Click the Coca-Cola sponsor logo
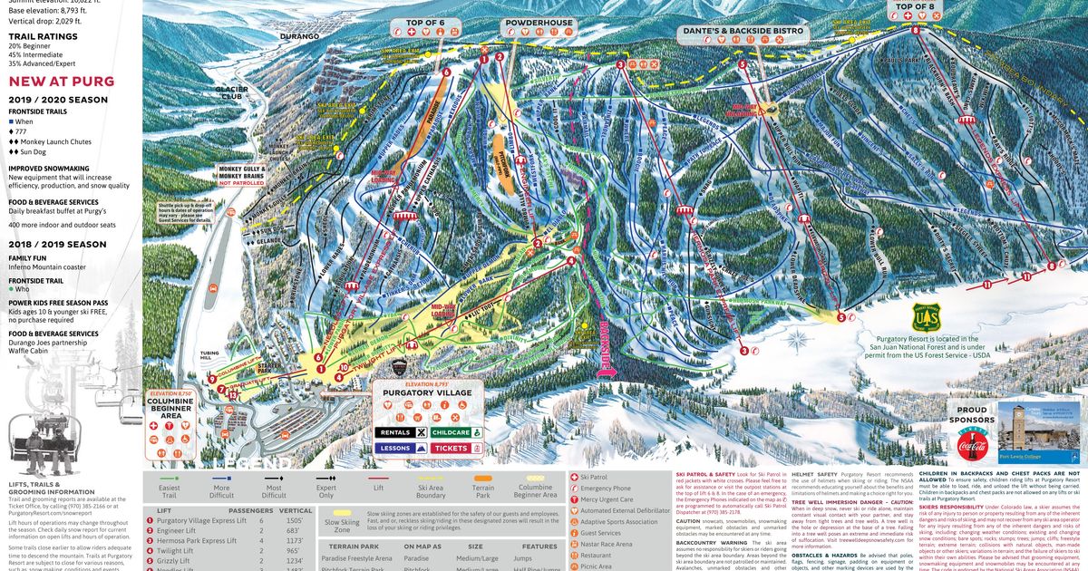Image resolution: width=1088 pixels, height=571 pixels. click(x=971, y=444)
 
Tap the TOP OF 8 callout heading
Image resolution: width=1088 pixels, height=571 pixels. click(x=915, y=7)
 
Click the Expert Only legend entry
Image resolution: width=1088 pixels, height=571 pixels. click(x=326, y=489)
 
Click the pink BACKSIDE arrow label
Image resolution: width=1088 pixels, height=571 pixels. click(x=603, y=344)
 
